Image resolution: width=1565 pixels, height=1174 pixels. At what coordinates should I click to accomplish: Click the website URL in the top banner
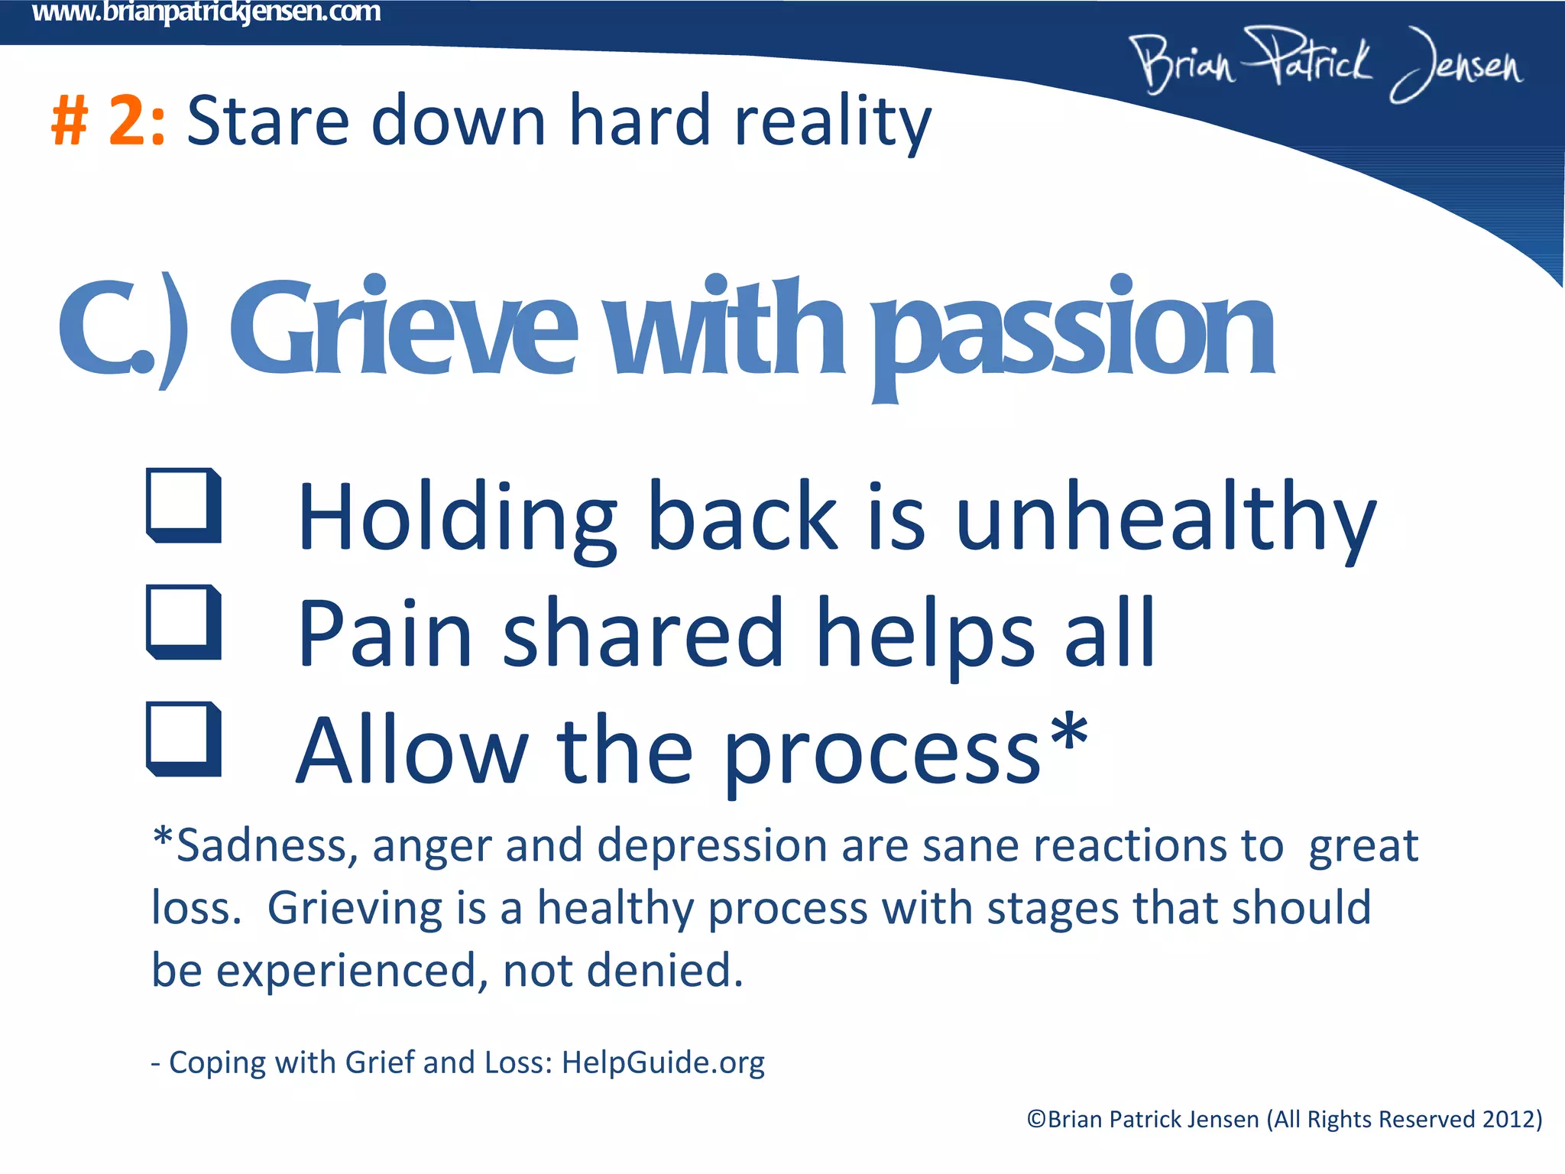point(206,12)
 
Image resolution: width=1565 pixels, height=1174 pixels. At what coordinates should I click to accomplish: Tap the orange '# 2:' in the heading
point(108,121)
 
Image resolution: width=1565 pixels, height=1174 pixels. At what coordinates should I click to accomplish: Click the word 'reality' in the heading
point(832,122)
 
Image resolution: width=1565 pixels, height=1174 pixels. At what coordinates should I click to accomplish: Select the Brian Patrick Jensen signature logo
point(1327,64)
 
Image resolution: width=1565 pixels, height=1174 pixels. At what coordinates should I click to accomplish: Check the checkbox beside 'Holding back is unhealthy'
point(183,505)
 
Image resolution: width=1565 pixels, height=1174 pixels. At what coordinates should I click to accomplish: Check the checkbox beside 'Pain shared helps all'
point(183,622)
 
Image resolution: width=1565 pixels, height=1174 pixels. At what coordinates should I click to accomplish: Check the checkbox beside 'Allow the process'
point(183,739)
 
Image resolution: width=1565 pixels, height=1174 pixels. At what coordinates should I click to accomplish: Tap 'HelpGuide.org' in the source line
point(663,1063)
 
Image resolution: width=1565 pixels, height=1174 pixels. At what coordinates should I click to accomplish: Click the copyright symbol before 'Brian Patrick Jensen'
point(1036,1120)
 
